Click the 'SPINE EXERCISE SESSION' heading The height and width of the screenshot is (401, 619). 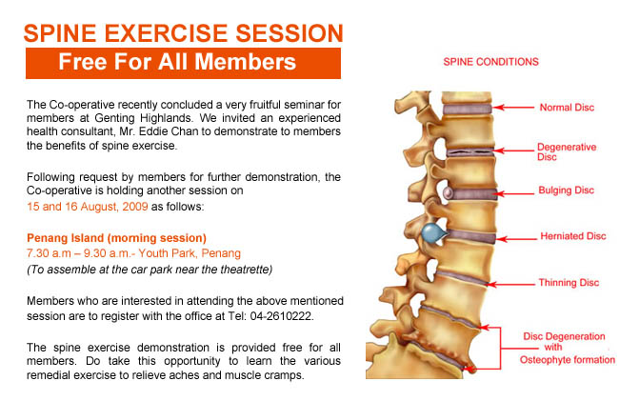(183, 33)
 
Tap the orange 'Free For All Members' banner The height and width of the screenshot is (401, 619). (183, 63)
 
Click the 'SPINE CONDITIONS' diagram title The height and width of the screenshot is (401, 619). (490, 62)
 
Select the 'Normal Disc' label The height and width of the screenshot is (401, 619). (567, 108)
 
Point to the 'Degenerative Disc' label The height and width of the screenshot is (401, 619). (567, 152)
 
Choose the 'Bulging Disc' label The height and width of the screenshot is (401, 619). (566, 190)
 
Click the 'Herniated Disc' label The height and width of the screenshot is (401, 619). (572, 236)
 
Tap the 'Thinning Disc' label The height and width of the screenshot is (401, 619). (569, 283)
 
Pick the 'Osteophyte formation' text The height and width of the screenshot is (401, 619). (568, 360)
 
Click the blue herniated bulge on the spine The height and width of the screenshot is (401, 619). (433, 233)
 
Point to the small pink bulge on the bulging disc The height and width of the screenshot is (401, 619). (448, 193)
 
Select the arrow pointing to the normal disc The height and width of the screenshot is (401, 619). (513, 107)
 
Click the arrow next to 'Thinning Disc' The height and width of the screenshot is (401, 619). (510, 284)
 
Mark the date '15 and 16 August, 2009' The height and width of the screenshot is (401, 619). (88, 207)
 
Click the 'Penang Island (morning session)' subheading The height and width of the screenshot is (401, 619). (116, 238)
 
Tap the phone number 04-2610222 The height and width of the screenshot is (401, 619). (280, 316)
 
